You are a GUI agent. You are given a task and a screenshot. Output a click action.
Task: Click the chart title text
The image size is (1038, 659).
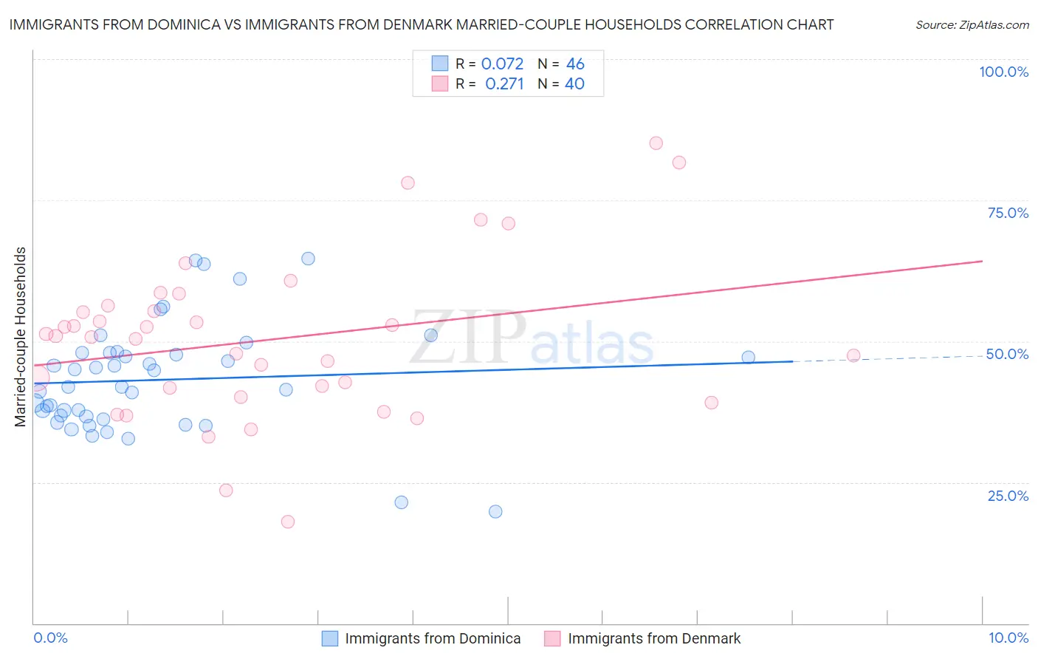coord(421,24)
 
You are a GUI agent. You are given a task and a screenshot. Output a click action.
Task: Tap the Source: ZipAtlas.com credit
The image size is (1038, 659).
coord(972,24)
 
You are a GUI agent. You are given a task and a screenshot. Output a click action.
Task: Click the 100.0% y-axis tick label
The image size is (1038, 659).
coord(1003,72)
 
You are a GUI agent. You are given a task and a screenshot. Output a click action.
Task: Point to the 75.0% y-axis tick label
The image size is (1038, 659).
coord(1008,213)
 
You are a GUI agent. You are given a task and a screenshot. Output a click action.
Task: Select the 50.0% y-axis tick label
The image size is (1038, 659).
coord(1007,354)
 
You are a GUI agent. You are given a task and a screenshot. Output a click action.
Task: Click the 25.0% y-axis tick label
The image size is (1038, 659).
coord(1008,496)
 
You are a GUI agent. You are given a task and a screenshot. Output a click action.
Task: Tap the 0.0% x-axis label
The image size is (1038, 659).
coord(50,638)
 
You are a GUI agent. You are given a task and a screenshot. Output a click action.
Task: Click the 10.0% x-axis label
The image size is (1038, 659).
coord(1008,638)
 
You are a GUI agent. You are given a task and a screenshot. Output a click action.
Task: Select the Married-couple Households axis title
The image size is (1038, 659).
coord(21,336)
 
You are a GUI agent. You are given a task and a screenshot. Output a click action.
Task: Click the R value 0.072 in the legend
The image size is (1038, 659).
coord(502,64)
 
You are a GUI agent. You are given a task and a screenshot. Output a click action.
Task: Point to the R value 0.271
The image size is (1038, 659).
coord(504,83)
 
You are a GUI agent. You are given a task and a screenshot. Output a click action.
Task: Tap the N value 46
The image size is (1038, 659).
coord(575,64)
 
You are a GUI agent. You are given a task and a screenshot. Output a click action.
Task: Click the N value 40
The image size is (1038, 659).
coord(574,83)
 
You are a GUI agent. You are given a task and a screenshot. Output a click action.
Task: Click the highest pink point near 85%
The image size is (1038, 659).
coord(656,143)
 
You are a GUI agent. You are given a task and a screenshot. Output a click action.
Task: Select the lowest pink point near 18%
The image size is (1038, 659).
coord(288,522)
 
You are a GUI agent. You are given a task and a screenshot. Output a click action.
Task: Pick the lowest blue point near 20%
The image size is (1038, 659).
coord(495,511)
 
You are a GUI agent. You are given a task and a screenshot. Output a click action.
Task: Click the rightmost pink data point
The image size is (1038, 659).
coord(853,355)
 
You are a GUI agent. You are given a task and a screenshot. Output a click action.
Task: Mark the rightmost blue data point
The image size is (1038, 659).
coord(748,358)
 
